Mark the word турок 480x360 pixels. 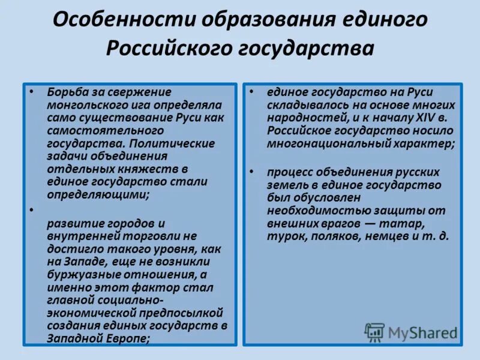tap(286, 236)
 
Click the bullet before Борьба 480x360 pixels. tap(31, 92)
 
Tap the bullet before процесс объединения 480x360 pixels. tap(252, 172)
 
